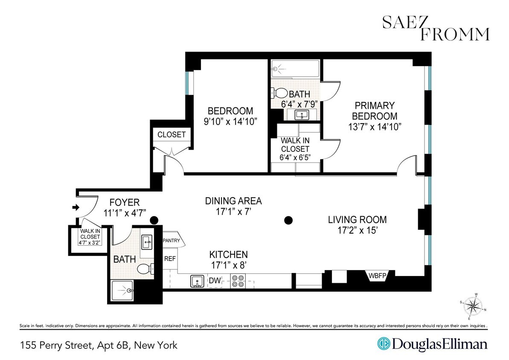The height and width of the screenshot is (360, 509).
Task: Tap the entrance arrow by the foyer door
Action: click(x=76, y=208)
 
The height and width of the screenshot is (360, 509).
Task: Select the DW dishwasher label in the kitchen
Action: click(x=215, y=281)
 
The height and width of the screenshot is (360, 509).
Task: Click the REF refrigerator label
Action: click(x=170, y=258)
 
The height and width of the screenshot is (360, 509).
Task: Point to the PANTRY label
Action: click(x=174, y=241)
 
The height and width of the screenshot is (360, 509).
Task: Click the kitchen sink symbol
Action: click(x=197, y=281)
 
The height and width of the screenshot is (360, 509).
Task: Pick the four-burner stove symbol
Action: click(x=238, y=281)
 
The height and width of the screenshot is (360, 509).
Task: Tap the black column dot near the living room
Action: click(x=289, y=220)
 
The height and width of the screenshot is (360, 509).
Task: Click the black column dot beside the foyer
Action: click(x=154, y=220)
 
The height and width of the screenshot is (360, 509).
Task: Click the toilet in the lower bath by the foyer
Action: click(x=143, y=268)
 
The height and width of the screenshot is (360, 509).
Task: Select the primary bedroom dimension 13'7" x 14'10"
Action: click(x=375, y=127)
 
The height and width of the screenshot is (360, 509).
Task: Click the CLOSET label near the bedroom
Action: click(x=172, y=135)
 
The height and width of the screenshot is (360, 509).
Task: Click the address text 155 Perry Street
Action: click(x=99, y=345)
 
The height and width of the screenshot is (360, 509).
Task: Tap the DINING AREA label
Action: click(x=233, y=201)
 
